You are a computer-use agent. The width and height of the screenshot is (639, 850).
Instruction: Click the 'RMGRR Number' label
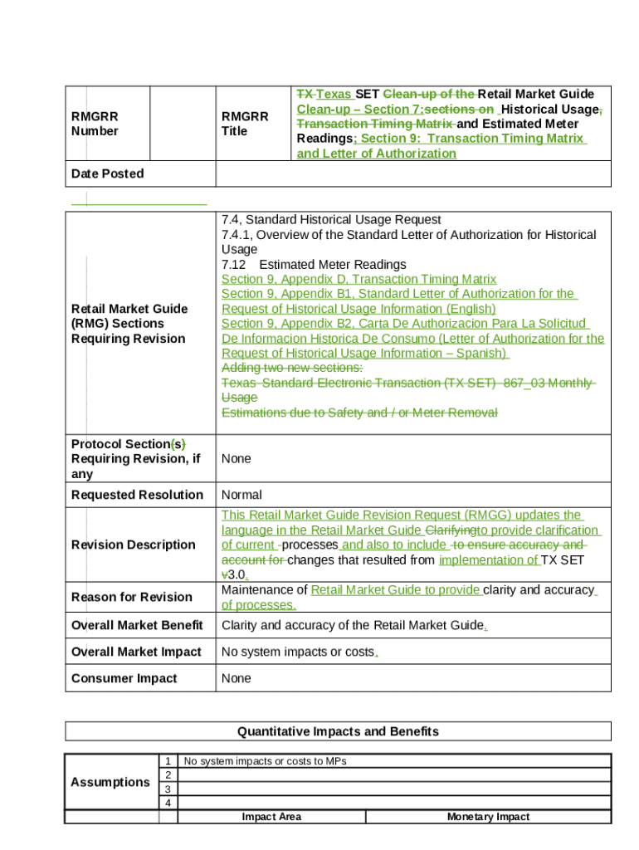95,124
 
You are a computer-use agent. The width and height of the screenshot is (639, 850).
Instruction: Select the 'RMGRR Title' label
244,124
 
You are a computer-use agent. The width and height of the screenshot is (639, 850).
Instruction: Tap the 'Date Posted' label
107,173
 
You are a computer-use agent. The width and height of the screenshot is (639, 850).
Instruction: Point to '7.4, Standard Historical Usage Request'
331,220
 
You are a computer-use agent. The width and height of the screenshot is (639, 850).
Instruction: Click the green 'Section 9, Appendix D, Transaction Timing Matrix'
359,280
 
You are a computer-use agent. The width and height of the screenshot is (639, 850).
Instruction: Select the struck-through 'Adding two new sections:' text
291,368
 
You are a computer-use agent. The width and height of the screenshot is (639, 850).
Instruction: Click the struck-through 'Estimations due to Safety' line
359,413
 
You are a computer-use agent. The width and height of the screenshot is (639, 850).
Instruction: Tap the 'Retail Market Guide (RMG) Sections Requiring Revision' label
129,324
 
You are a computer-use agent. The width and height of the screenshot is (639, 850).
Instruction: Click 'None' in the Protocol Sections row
237,458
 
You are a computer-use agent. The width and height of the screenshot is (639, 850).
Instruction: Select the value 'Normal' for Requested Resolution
241,495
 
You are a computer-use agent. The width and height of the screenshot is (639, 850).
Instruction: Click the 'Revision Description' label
134,545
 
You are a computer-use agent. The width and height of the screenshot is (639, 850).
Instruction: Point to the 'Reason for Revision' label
132,597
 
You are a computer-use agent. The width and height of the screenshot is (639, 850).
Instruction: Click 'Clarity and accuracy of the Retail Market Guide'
353,625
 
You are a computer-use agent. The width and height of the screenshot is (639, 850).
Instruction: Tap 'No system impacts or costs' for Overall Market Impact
298,652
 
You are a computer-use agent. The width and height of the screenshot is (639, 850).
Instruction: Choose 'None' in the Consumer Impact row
237,678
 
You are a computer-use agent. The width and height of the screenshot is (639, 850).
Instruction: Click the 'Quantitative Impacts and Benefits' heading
338,731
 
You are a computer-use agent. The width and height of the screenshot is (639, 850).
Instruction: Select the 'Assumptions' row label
110,782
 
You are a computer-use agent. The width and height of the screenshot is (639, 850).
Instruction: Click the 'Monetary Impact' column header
488,817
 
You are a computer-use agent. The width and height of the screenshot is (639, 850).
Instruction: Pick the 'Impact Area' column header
271,817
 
